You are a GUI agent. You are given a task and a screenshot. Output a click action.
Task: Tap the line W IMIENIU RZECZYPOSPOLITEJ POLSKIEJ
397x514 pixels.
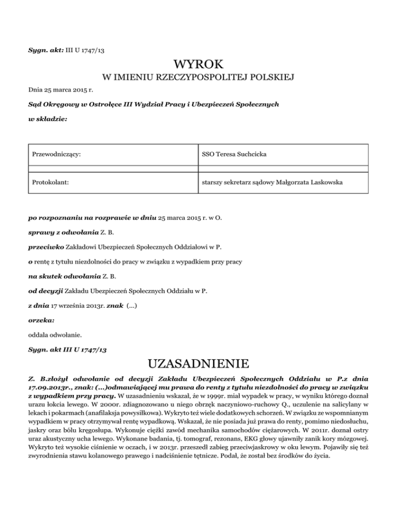point(198,78)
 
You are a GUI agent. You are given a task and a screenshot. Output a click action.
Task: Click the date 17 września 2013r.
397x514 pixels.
point(78,306)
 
